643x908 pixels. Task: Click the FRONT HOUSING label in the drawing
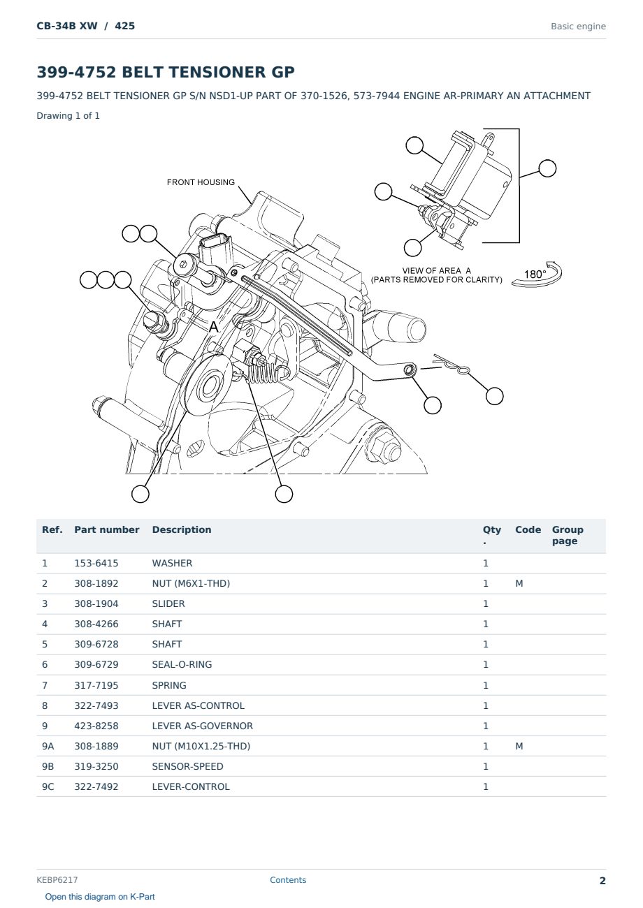pos(201,182)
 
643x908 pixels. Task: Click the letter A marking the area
pos(213,327)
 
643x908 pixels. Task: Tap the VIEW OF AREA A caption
pos(437,270)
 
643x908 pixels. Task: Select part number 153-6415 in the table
pos(96,563)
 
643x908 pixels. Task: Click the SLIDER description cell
pos(168,603)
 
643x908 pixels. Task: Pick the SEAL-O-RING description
pos(182,664)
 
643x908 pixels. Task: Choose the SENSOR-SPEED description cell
pos(187,766)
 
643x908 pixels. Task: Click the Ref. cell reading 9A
pos(48,746)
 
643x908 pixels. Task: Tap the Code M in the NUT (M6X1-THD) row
pos(519,583)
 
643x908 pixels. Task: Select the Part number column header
pos(107,529)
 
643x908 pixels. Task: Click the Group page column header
pos(568,535)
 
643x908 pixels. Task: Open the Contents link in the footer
pos(288,880)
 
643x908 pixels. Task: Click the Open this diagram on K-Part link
pos(100,897)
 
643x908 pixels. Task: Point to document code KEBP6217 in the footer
pos(57,880)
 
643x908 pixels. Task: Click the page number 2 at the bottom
pos(602,881)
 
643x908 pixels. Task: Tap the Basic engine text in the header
pos(578,27)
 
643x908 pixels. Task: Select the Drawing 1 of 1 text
pos(68,116)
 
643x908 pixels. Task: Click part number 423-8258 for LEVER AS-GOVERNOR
pos(96,726)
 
